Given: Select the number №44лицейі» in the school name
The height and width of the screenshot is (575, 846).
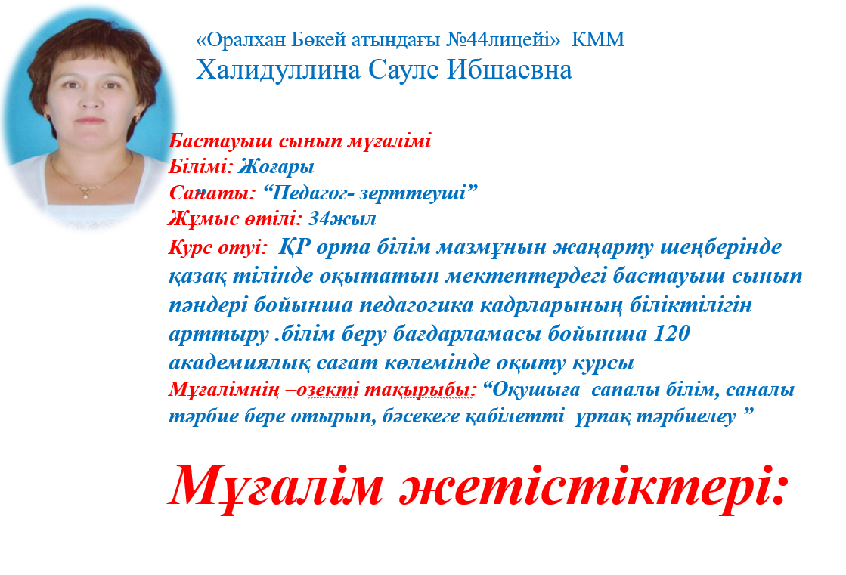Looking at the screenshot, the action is (504, 39).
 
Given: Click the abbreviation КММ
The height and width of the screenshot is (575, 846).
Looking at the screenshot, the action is (598, 39).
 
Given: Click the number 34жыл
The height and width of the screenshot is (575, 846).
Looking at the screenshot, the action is (342, 218).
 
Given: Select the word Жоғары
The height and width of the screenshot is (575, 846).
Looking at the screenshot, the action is (276, 167).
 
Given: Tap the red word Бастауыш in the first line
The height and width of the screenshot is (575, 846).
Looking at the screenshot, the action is (222, 141).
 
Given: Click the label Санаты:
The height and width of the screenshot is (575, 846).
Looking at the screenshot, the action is (212, 193).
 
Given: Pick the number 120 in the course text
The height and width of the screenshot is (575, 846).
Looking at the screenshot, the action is (671, 333).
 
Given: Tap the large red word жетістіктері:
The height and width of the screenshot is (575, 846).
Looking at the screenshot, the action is (593, 485).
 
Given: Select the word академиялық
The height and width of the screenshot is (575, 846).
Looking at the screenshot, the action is (240, 363).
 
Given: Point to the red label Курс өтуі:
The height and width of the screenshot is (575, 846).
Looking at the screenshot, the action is (218, 248).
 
